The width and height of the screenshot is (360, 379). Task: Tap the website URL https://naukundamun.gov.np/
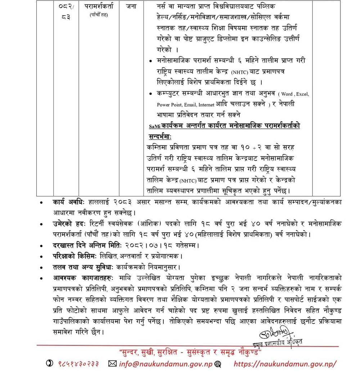(x=285, y=364)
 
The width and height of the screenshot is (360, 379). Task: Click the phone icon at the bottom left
(x=50, y=364)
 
